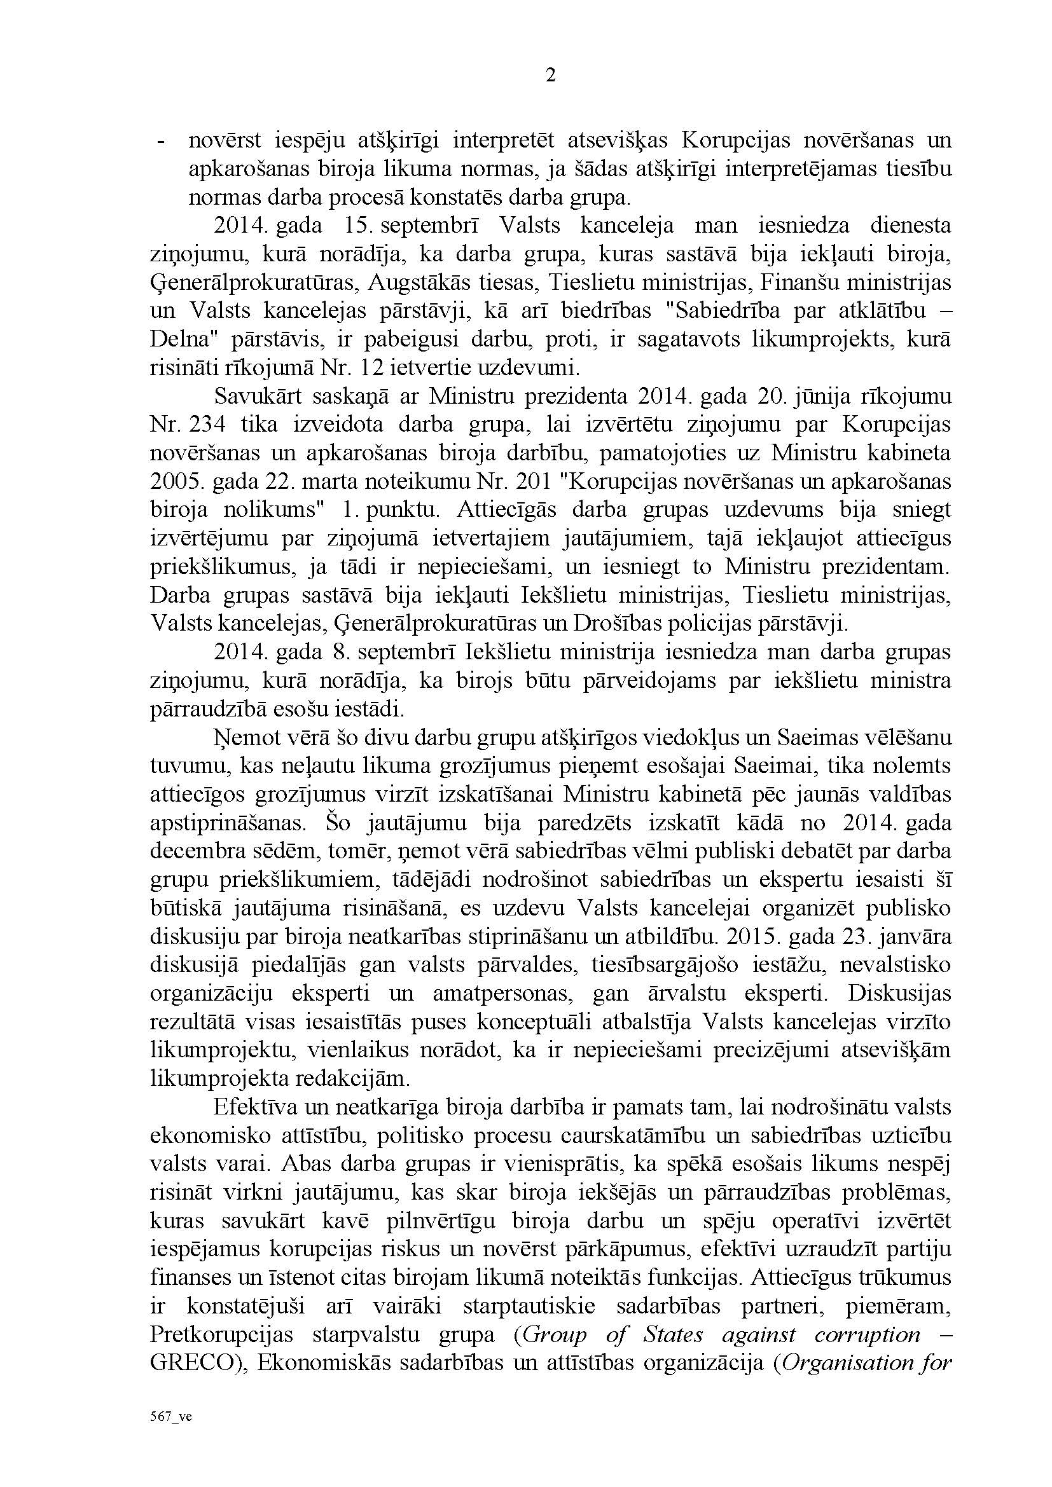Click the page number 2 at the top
point(551,76)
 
